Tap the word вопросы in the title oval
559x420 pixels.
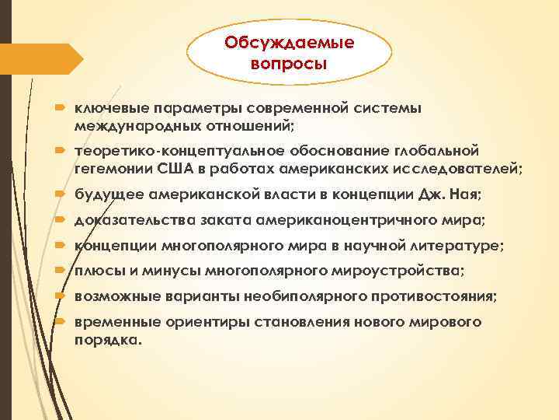pyautogui.click(x=289, y=61)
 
